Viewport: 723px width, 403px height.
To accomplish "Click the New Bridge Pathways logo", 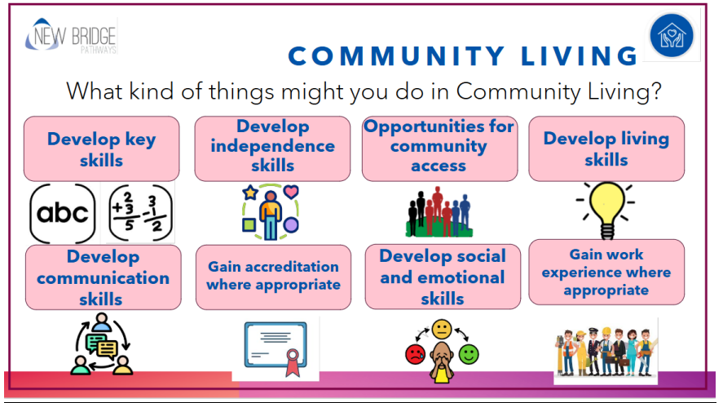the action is click(x=71, y=36).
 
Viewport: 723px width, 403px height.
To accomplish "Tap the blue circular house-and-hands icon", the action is click(x=672, y=36).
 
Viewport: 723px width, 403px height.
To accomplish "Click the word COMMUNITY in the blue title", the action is click(x=396, y=56).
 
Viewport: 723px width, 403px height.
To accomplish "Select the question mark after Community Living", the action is click(x=655, y=91).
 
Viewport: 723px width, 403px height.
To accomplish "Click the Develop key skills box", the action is click(x=101, y=148).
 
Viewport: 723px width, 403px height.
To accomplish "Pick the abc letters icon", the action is click(x=63, y=213).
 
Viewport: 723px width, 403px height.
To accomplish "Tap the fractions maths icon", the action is click(x=141, y=213).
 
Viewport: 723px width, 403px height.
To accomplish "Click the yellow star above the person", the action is click(x=250, y=192).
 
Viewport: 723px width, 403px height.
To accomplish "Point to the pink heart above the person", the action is click(x=291, y=191).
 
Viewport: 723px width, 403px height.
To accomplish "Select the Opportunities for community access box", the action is click(x=439, y=148).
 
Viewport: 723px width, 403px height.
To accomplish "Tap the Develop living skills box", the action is click(x=606, y=148).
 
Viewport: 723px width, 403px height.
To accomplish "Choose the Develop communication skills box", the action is click(x=104, y=277).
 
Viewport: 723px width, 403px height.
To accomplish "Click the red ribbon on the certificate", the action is click(x=293, y=361).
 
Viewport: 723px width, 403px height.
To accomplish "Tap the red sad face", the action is click(x=415, y=354).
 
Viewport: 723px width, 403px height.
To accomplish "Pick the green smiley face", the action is click(x=469, y=354).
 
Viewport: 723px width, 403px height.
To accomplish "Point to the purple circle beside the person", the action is click(x=290, y=225).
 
